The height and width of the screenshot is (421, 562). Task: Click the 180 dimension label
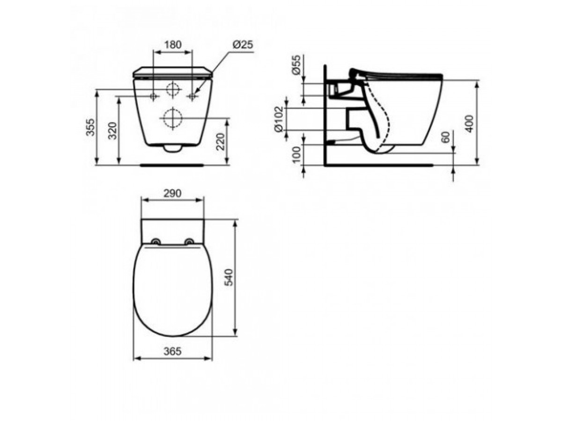(172, 44)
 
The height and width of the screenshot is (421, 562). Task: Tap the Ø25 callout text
(242, 44)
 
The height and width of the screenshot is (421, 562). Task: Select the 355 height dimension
(90, 127)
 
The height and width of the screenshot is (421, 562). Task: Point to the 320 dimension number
(112, 131)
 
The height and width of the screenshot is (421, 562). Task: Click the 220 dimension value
(220, 142)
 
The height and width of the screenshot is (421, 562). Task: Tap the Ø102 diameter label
(279, 119)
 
